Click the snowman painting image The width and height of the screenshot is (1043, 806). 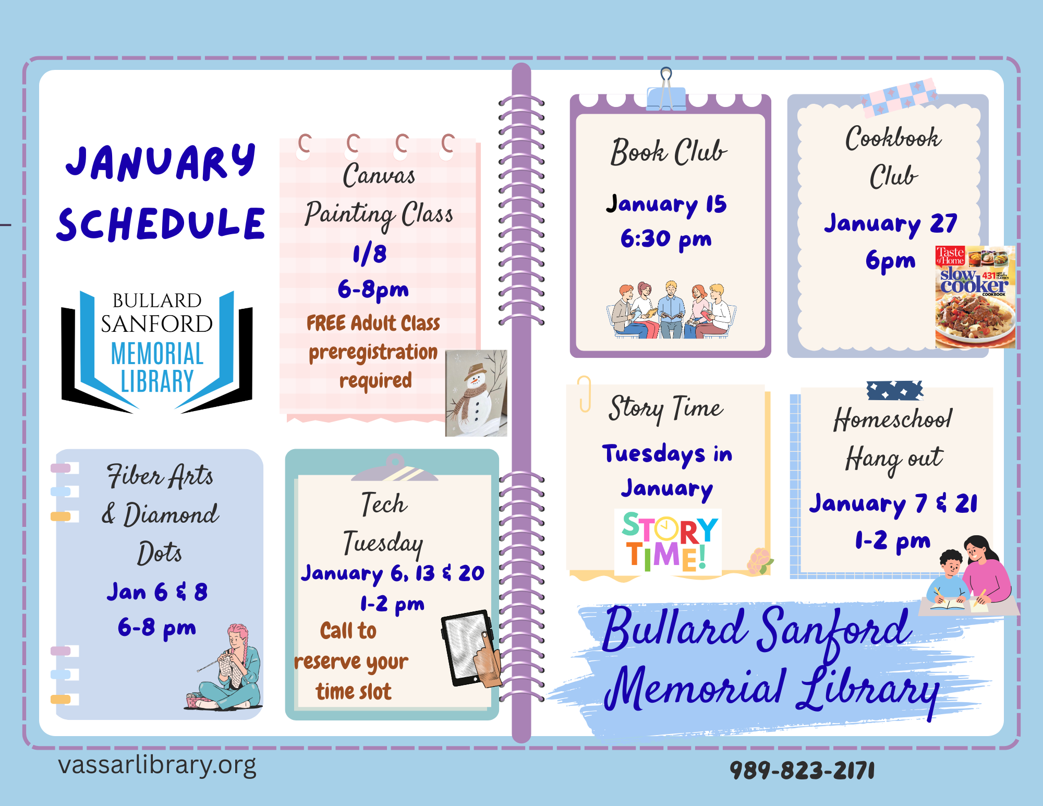click(x=476, y=393)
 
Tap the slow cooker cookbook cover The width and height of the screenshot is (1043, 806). click(x=975, y=297)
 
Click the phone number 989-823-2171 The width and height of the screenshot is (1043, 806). click(x=802, y=770)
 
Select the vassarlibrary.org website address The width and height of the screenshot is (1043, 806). click(x=157, y=765)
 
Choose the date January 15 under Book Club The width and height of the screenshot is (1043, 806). click(x=666, y=204)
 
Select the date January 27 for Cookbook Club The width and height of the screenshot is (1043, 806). click(x=891, y=223)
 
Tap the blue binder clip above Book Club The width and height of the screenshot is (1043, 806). click(x=666, y=94)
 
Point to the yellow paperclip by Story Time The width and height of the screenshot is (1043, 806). click(x=585, y=394)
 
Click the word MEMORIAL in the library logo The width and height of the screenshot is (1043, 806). click(x=157, y=354)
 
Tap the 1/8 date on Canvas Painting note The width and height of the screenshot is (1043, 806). click(x=370, y=254)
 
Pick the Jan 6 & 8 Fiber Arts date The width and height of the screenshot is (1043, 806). click(x=157, y=592)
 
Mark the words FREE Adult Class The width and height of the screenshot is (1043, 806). click(x=373, y=323)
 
